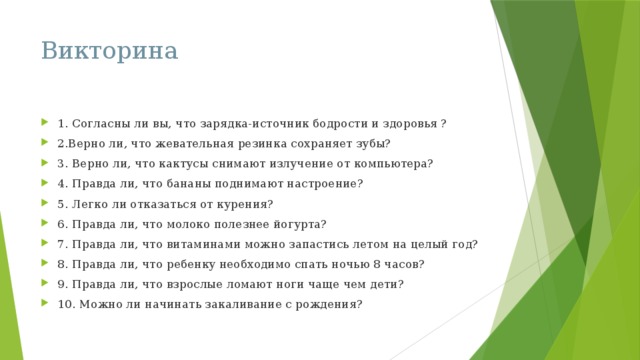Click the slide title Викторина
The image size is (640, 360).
click(x=110, y=50)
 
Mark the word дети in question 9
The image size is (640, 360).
click(x=384, y=284)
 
